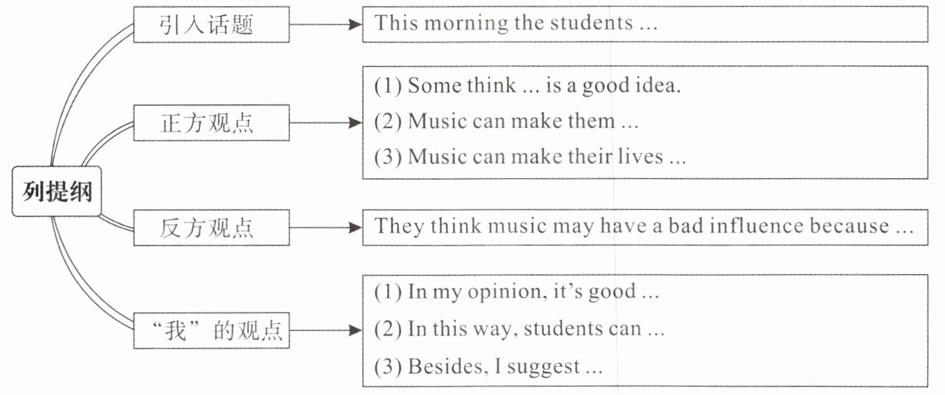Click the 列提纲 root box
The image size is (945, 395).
point(56,192)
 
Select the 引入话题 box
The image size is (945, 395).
point(211,25)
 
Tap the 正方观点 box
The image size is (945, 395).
point(211,124)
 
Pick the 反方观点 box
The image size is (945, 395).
point(211,228)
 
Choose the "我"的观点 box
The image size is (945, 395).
point(211,330)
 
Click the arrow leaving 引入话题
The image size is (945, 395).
point(325,25)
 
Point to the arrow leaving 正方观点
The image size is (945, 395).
point(325,124)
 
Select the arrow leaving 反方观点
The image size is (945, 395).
point(325,228)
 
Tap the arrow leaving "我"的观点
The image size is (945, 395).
point(325,330)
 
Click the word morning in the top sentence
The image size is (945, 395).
point(465,24)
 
